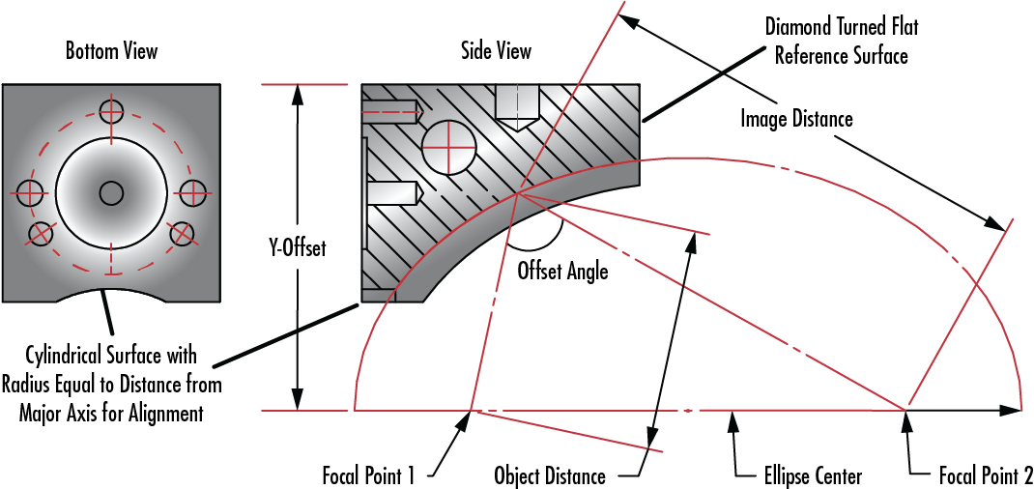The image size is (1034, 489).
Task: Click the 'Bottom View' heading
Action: tap(111, 52)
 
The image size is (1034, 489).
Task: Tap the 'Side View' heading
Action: tap(495, 52)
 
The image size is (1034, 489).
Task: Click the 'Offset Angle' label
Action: tap(562, 271)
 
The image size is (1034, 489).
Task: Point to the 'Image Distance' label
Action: tap(796, 119)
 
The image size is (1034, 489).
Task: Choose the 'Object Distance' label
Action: tap(549, 475)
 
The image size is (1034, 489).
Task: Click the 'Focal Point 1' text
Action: tap(368, 475)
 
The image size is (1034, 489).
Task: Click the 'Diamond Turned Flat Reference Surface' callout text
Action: tap(841, 43)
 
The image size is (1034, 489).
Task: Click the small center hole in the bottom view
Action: tap(111, 193)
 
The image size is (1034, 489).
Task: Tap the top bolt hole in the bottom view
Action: tap(111, 111)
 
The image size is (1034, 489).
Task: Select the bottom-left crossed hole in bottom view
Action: tap(41, 233)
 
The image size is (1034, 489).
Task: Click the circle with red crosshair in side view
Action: tap(448, 147)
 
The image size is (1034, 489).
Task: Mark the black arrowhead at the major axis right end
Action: tap(1010, 410)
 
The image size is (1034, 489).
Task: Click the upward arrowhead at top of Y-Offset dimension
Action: tap(299, 96)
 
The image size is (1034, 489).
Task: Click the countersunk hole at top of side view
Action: tap(516, 106)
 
